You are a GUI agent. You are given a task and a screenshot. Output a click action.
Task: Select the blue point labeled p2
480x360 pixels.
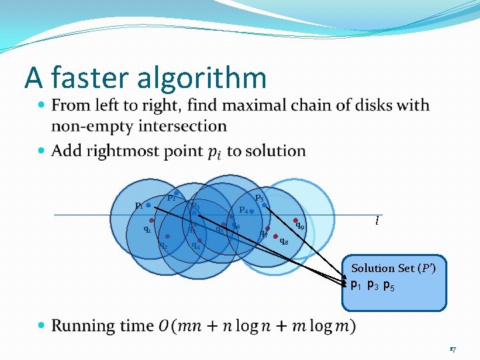click(x=176, y=193)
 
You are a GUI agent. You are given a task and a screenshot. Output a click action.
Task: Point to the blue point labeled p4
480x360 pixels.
click(x=251, y=211)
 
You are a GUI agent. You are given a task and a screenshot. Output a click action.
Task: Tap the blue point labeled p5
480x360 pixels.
click(x=264, y=205)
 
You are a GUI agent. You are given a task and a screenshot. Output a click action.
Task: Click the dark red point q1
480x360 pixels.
click(x=152, y=220)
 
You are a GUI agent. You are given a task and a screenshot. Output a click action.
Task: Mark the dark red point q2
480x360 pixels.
click(x=168, y=236)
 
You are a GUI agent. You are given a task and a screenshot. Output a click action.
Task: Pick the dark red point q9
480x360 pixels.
click(x=295, y=221)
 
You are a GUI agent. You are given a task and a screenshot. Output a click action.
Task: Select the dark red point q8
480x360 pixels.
click(x=275, y=236)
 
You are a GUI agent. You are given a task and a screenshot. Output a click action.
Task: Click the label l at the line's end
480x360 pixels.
click(x=377, y=221)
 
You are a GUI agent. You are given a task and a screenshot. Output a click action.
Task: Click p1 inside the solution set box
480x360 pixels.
click(x=357, y=285)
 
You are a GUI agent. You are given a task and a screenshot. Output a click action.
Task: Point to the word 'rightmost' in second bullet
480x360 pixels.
click(x=167, y=151)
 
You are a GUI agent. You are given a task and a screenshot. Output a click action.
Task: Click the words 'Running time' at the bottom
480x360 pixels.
click(x=103, y=325)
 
